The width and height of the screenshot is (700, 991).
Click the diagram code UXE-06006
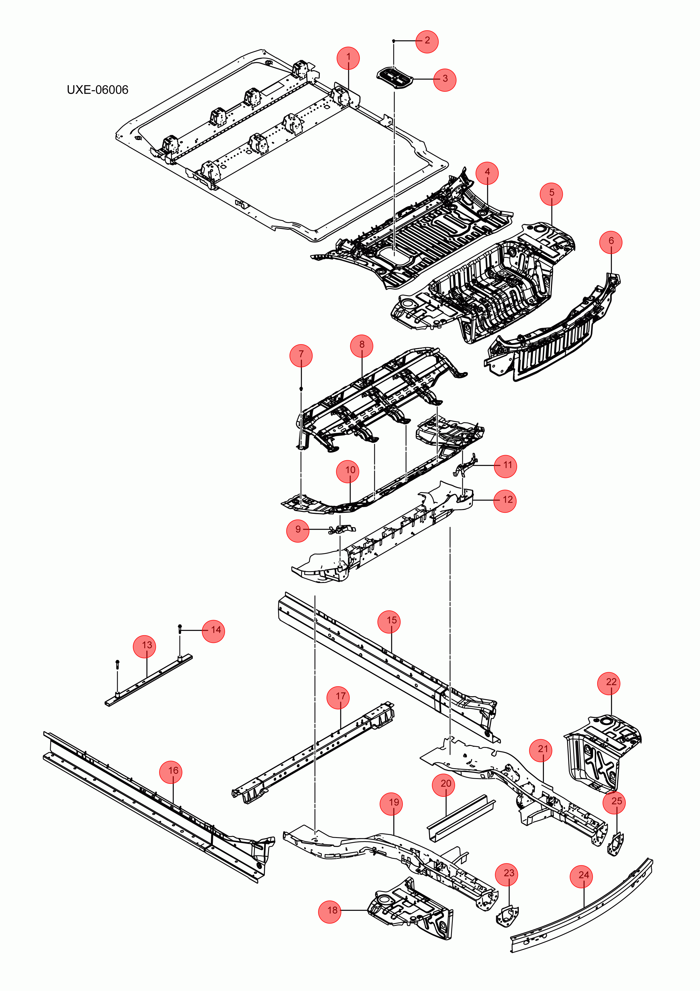pos(98,90)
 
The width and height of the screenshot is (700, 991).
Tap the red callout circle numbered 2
pos(427,41)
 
